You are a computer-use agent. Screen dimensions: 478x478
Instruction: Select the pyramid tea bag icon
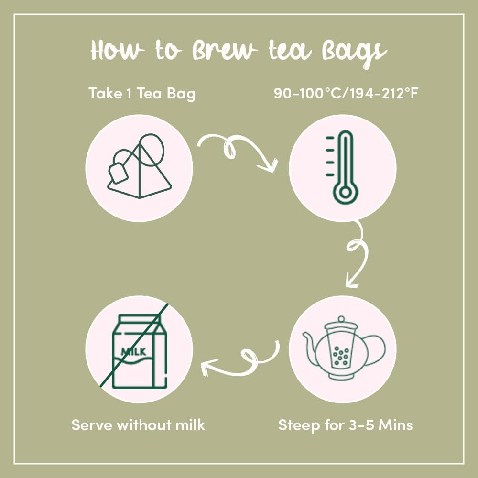[139, 166]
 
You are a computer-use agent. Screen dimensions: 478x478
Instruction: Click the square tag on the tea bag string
[118, 174]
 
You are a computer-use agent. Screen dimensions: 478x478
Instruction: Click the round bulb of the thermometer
[346, 193]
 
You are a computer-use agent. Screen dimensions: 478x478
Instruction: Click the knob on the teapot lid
[341, 319]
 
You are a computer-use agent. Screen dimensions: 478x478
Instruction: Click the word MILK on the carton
[133, 351]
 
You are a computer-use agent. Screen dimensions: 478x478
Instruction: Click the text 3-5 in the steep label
[361, 425]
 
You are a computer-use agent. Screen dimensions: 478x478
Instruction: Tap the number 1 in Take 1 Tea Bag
[129, 93]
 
